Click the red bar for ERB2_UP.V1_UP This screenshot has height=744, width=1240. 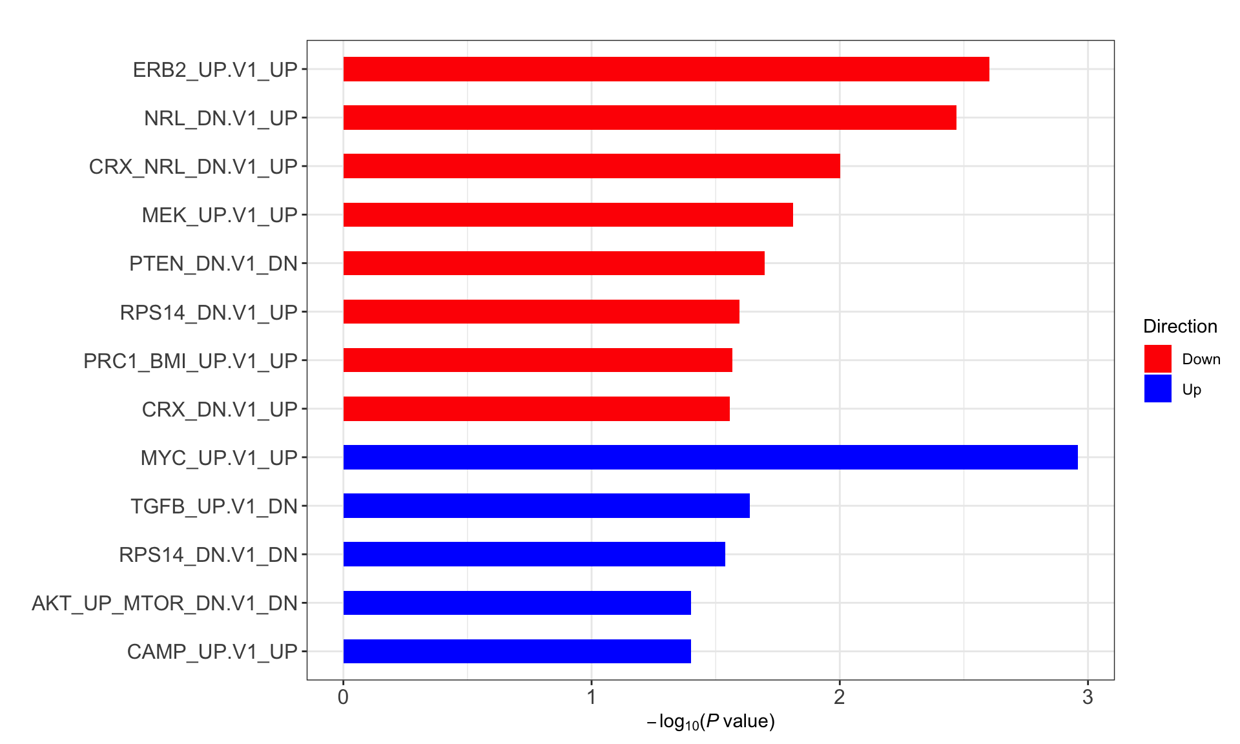coord(666,69)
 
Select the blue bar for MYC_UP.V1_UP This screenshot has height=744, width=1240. coord(710,457)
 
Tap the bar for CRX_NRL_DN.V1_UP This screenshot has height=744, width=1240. coord(592,166)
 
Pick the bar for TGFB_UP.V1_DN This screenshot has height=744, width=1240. coord(546,506)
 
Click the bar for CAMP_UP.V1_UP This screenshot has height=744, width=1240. coord(517,651)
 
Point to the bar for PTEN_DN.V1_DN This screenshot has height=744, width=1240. coord(553,263)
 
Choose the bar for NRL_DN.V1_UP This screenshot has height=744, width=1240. coord(650,118)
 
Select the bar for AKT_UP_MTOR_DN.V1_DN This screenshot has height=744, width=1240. coord(517,603)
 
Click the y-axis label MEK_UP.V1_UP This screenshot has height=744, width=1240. coord(220,215)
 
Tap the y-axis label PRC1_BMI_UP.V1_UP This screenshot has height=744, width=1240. coord(191,360)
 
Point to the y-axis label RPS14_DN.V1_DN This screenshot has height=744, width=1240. coord(208,555)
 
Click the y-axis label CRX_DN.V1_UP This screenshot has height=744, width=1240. coord(220,409)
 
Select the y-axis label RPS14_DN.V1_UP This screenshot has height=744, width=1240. coord(209,312)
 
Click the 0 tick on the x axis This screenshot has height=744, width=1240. coord(343,697)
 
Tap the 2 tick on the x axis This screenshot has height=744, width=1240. coord(840,697)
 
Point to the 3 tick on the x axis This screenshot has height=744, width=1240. coord(1088,697)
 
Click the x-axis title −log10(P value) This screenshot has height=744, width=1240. coord(710,721)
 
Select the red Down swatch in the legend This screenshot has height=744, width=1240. coord(1157,358)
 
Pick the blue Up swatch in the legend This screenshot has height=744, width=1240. coord(1157,389)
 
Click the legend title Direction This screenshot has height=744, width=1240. coord(1180,326)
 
